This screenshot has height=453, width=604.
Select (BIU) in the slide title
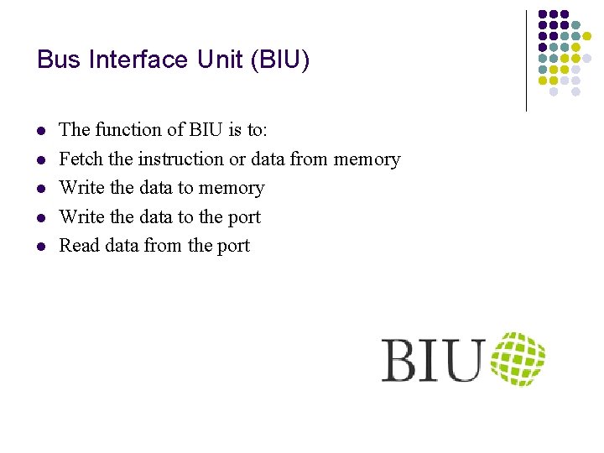point(281,60)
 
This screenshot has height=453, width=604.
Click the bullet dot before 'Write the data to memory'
point(40,189)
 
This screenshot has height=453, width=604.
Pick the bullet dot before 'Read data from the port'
point(40,247)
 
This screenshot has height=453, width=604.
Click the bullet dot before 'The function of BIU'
point(40,131)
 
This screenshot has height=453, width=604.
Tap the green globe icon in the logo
point(518,359)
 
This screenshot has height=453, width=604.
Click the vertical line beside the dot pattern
point(526,60)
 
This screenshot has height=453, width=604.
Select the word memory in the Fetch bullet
point(367,159)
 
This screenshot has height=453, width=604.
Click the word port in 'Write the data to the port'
point(243,218)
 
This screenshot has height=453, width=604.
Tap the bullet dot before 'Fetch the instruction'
point(40,160)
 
